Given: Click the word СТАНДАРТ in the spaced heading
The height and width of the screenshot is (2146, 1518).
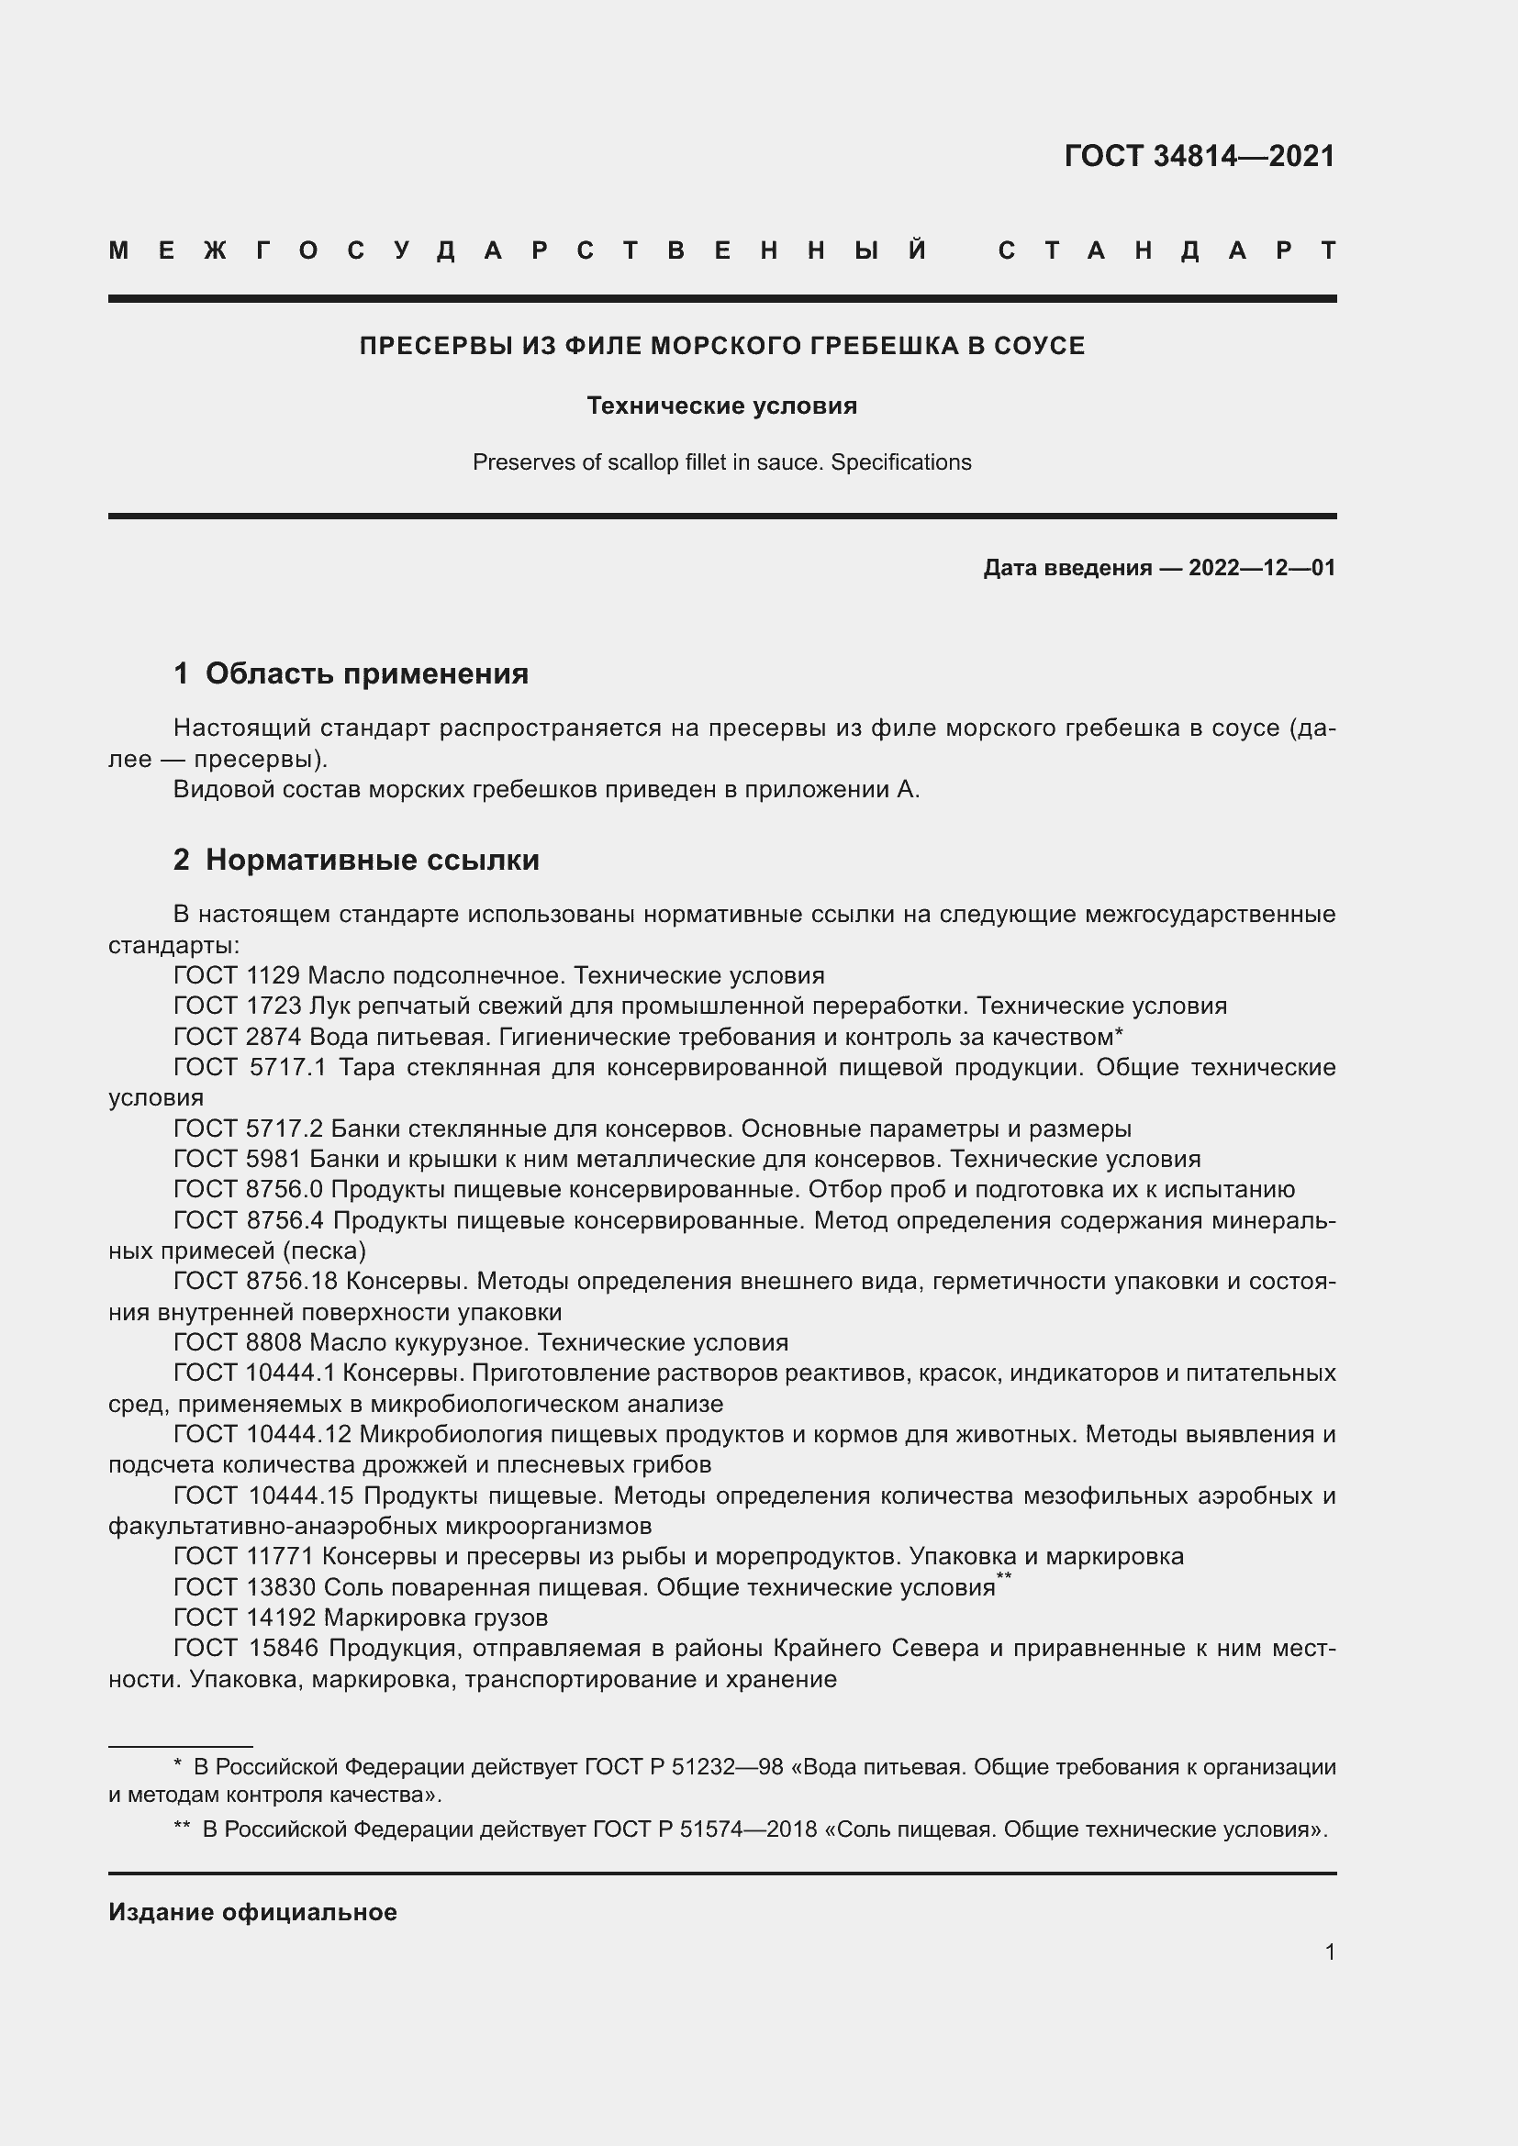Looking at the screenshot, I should tap(1167, 250).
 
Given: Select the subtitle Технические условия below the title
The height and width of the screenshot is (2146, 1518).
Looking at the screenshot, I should tap(721, 406).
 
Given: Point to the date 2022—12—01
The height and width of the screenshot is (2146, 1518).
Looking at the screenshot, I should tap(1261, 567).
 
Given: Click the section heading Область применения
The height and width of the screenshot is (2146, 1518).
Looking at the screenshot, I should tap(366, 673).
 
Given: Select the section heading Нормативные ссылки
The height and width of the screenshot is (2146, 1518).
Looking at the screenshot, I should tap(372, 859).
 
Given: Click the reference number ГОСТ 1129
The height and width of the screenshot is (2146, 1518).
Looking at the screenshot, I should tap(237, 976).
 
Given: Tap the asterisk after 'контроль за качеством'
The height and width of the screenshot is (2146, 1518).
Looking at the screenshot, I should tap(1119, 1034).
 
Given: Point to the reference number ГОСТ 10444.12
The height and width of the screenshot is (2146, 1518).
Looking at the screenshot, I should tap(262, 1435).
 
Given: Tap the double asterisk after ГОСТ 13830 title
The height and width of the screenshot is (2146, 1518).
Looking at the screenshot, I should tap(1004, 1578).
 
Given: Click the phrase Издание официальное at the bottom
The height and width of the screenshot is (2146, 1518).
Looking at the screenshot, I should tap(252, 1912).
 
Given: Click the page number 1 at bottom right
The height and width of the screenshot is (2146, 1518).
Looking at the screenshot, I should tap(1329, 1951).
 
